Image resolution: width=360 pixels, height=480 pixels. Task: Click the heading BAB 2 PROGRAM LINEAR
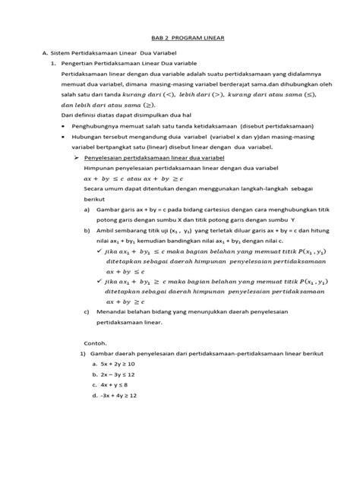(180, 47)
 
